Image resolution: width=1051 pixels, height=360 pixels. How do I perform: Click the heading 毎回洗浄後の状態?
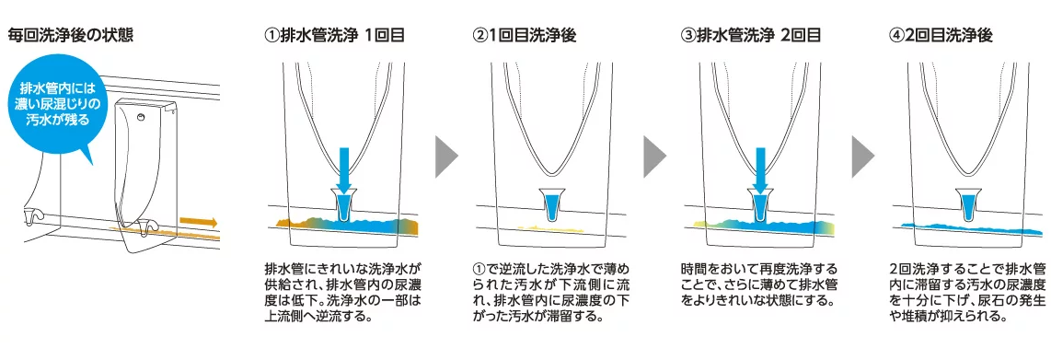tap(70, 36)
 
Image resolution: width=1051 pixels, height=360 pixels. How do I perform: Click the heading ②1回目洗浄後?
tap(525, 36)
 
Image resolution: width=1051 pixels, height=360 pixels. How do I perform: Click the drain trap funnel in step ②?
tap(550, 205)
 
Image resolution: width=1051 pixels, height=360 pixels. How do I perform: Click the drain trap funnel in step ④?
tap(968, 205)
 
